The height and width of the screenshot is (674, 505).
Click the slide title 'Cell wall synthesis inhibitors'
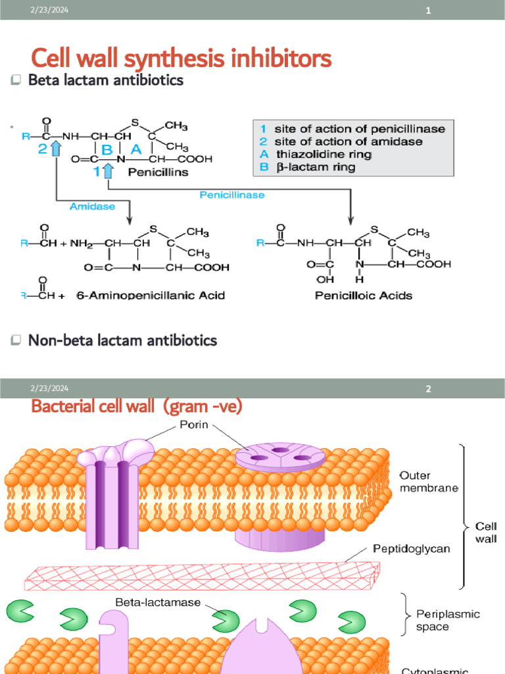point(181,59)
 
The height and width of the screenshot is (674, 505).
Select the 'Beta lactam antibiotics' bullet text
point(105,80)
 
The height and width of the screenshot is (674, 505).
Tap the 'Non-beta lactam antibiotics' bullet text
point(122,340)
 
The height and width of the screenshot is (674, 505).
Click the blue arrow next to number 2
point(56,149)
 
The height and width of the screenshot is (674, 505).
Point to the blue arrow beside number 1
point(108,171)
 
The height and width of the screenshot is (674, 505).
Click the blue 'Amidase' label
point(92,206)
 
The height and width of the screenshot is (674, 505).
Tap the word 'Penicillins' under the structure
point(158,172)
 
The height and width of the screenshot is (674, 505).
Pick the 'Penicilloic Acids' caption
point(364,296)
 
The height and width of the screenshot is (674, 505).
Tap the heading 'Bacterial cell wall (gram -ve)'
point(137,407)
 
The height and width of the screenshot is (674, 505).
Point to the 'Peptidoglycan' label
point(411,548)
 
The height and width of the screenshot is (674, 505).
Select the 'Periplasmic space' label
point(448,619)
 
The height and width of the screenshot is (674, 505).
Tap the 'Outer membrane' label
point(423,481)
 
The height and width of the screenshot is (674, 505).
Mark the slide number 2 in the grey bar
point(428,389)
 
